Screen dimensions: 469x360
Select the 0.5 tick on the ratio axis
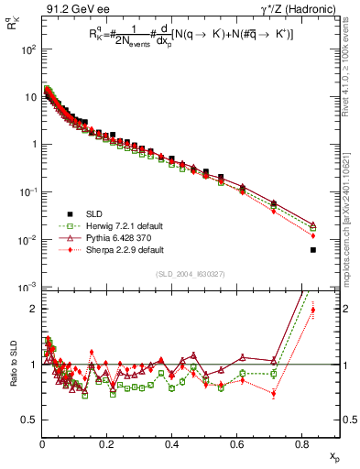(29, 420)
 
